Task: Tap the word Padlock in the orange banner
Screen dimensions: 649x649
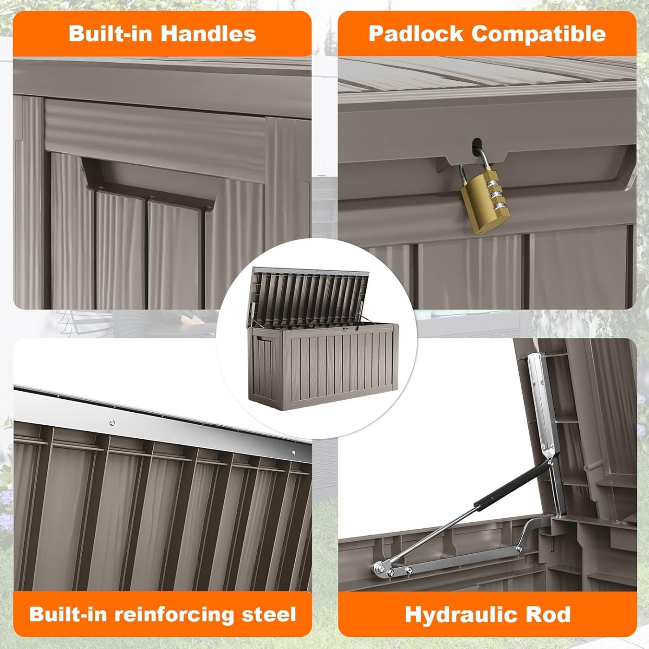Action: pyautogui.click(x=415, y=34)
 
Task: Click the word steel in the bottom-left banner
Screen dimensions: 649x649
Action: pyautogui.click(x=269, y=614)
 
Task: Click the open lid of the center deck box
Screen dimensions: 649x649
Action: pyautogui.click(x=310, y=292)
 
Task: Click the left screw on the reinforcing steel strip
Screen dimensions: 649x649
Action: pyautogui.click(x=112, y=422)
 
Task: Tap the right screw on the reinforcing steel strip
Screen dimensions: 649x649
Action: pyautogui.click(x=294, y=453)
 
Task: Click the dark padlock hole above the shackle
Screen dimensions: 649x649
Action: pyautogui.click(x=476, y=146)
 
